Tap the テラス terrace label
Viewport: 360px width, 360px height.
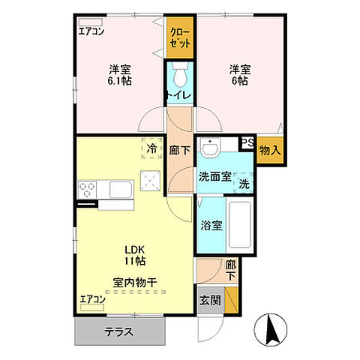point(121,332)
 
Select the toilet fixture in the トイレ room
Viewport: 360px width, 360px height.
point(180,76)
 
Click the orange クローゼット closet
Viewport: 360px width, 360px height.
point(180,38)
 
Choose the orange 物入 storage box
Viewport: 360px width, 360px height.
point(271,150)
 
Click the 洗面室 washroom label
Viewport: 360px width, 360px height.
point(213,177)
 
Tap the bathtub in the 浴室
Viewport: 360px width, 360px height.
point(239,226)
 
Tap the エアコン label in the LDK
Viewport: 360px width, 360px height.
point(93,299)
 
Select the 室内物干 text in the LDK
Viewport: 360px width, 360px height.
point(135,283)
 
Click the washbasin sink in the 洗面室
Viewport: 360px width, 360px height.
point(213,149)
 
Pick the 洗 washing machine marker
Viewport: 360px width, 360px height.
point(245,182)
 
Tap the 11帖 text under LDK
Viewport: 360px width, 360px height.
point(135,260)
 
